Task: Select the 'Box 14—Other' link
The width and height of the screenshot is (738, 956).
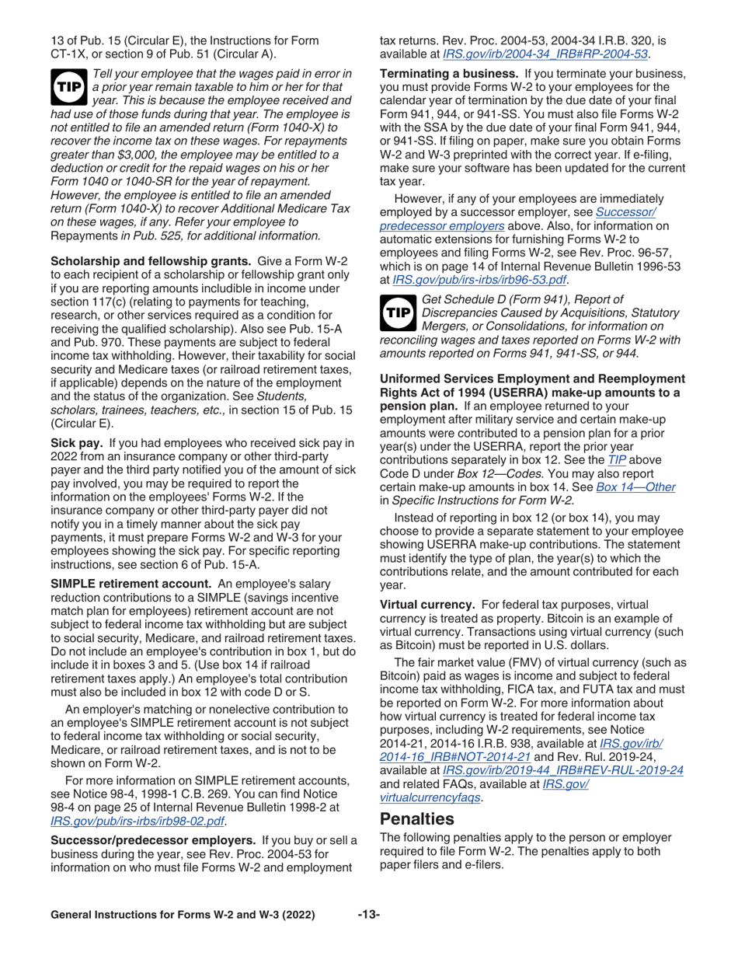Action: (x=635, y=487)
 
